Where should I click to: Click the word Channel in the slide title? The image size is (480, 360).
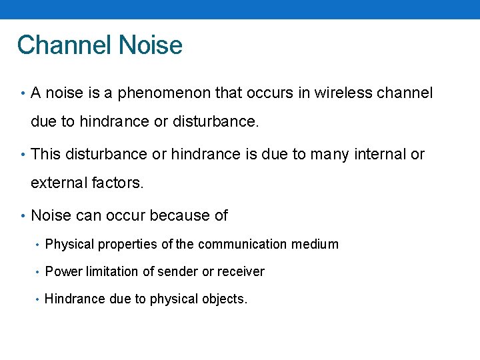64,45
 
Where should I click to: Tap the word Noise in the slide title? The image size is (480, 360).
150,45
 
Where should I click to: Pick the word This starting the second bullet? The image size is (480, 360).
45,154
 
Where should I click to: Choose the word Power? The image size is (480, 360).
61,272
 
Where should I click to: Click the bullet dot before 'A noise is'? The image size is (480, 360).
23,94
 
